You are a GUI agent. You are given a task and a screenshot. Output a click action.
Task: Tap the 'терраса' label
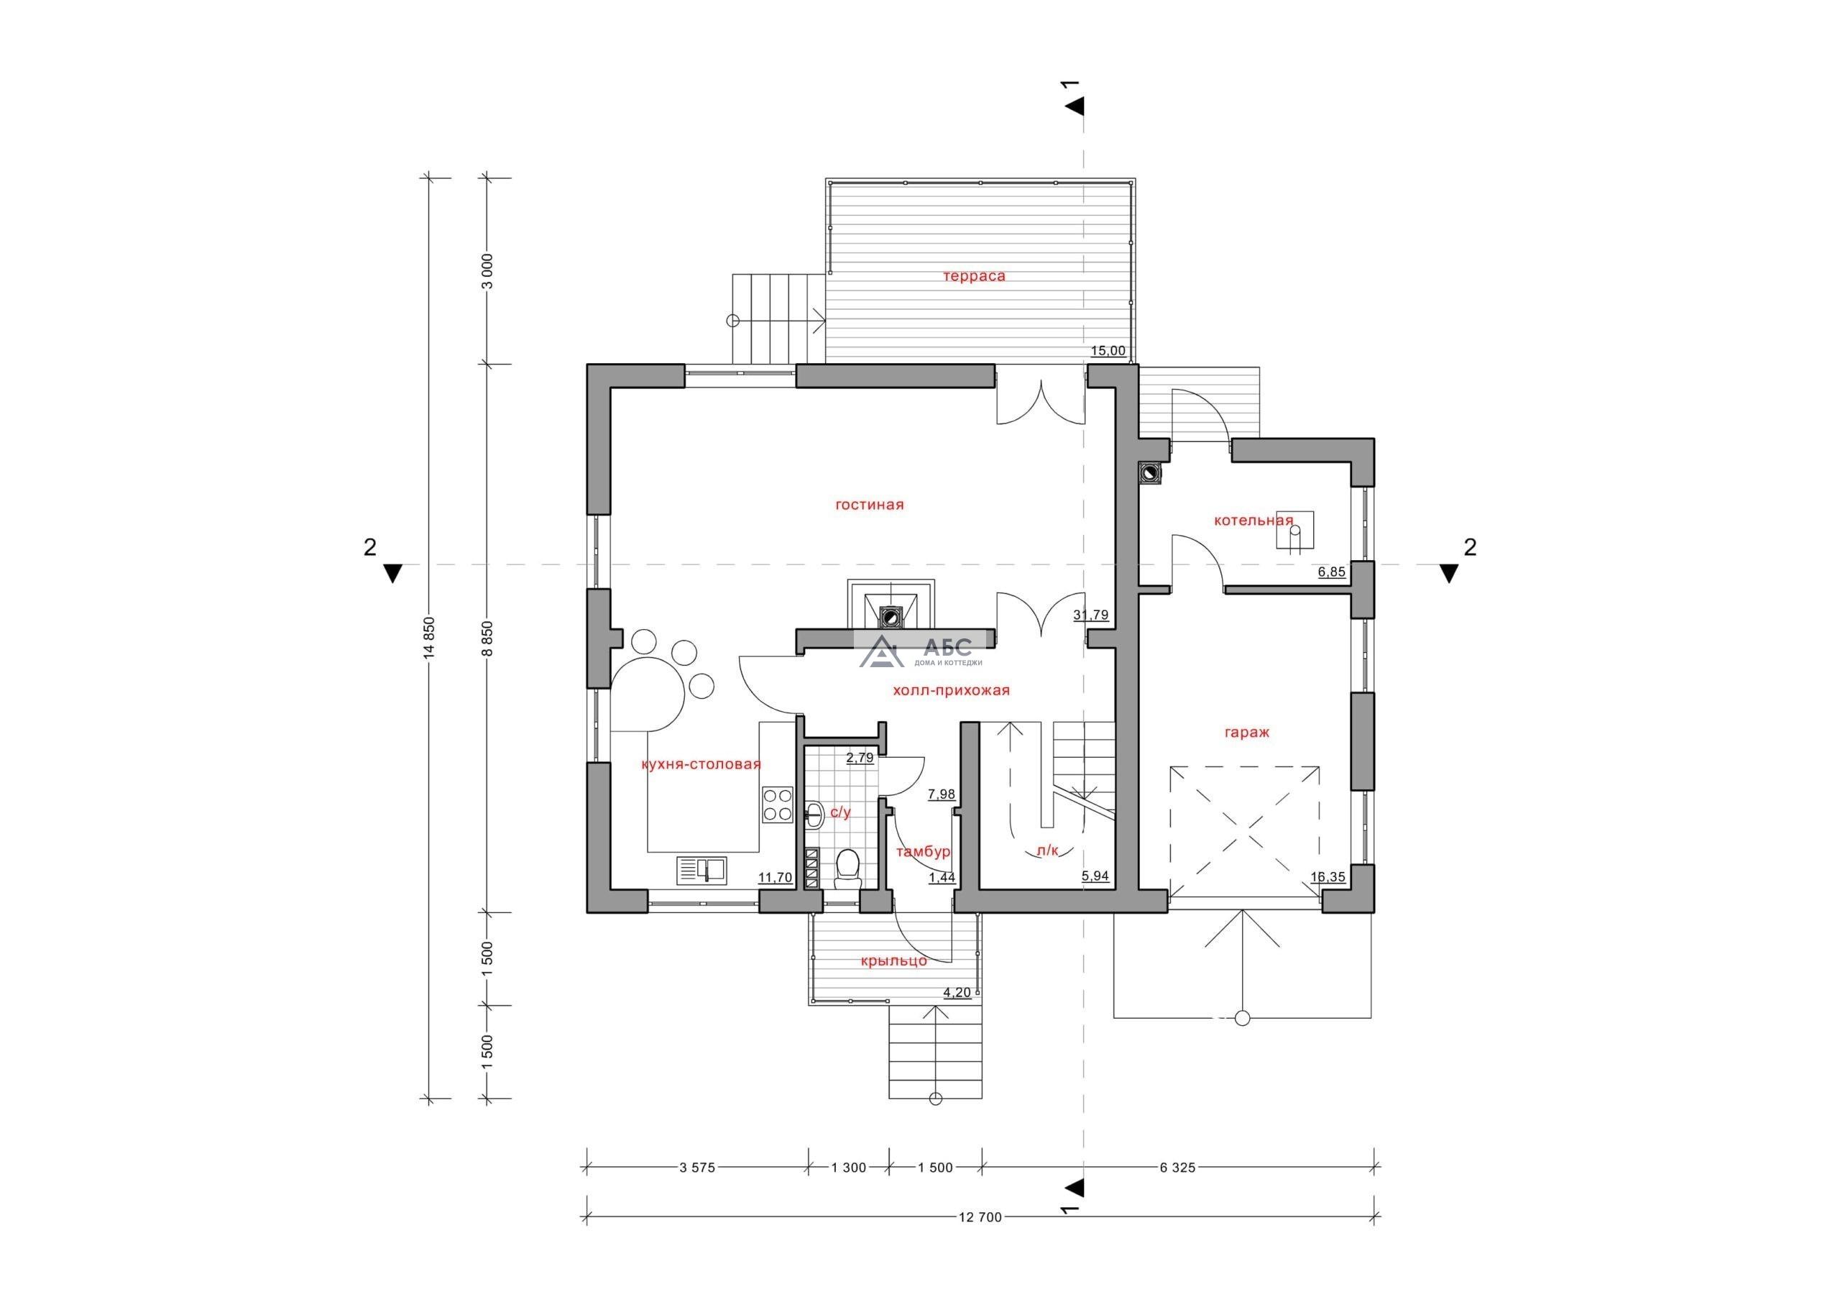point(974,277)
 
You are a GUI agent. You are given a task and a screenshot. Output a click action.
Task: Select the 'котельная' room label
point(1253,521)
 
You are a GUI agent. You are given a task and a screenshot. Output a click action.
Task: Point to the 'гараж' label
point(1247,732)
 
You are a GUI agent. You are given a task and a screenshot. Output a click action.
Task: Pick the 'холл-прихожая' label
point(951,690)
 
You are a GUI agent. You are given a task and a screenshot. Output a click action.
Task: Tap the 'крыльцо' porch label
point(893,961)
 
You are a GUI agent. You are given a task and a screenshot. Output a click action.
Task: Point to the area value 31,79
point(1090,615)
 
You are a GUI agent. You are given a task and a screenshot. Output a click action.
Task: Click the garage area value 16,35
point(1328,876)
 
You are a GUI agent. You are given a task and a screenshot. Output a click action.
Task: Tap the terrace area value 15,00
point(1108,351)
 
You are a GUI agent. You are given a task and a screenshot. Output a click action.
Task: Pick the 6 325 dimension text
point(1177,1168)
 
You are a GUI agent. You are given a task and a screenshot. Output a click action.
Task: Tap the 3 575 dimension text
point(696,1168)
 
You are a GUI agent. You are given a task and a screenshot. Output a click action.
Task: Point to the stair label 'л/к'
point(1047,852)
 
